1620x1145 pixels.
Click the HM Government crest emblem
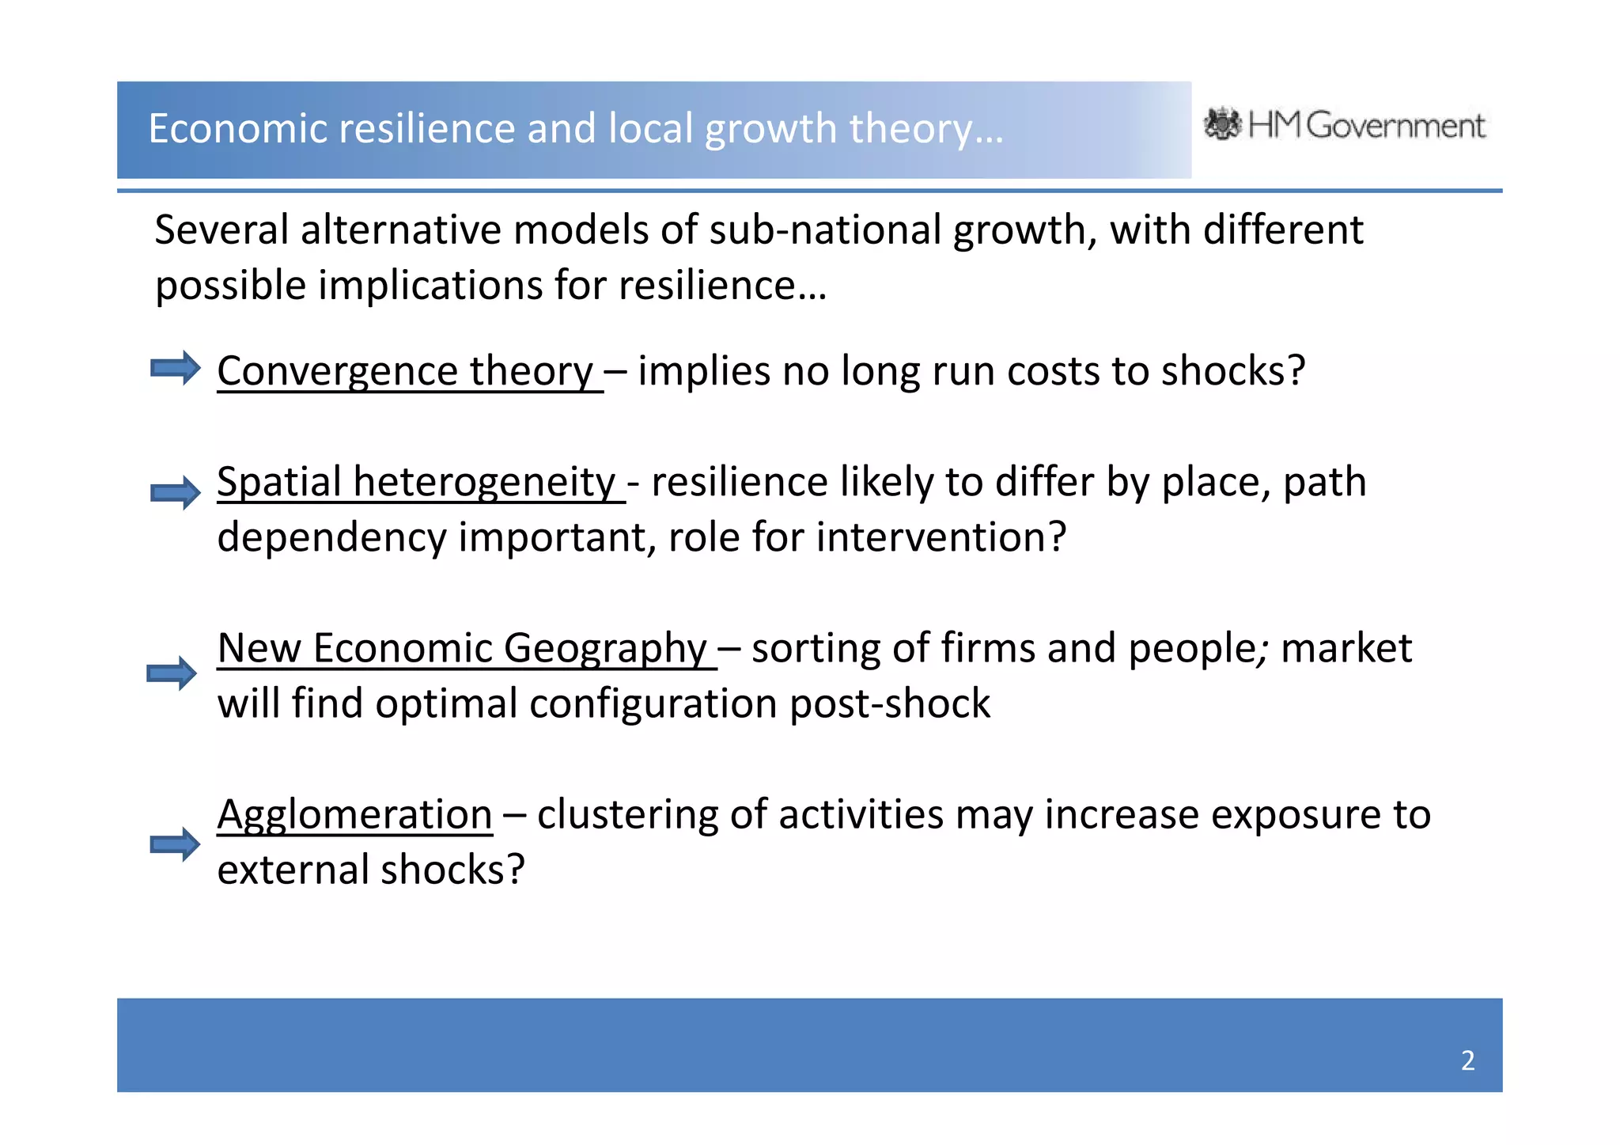1222,124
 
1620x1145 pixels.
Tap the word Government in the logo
1396,126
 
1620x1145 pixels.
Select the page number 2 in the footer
1467,1060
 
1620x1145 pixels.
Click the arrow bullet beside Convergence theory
176,368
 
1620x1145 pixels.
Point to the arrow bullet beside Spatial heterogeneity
176,493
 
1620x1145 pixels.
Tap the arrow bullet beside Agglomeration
176,844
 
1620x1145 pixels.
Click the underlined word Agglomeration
354,814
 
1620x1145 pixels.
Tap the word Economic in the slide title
238,128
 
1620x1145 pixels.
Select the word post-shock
890,703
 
